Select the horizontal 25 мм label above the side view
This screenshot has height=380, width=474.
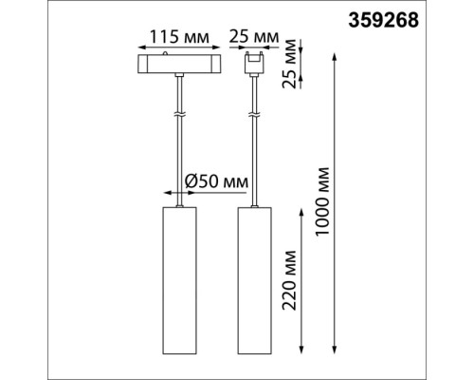pos(253,39)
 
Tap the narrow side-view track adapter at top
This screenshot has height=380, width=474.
pos(253,65)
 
